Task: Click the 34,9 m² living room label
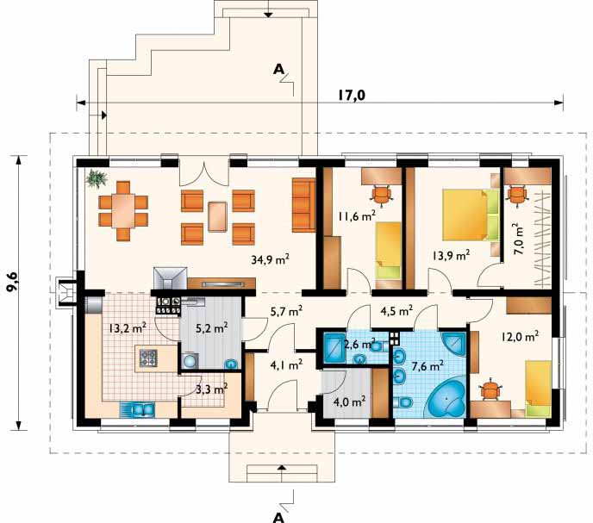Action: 270,259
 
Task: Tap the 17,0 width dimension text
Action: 352,96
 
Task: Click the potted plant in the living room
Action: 96,177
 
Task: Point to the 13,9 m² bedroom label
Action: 451,256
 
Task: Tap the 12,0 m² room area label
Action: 520,336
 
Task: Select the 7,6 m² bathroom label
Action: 427,366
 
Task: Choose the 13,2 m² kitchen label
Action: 128,328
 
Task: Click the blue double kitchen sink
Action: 137,409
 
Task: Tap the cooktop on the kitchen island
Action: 148,358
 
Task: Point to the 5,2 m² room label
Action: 211,327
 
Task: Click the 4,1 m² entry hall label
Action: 286,365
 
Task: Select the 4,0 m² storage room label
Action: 349,402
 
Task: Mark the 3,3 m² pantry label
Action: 211,389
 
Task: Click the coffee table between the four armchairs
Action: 217,216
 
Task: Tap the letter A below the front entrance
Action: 278,517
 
